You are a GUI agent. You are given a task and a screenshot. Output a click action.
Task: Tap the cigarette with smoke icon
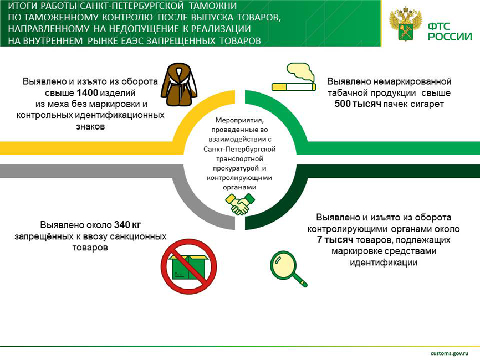click(x=294, y=77)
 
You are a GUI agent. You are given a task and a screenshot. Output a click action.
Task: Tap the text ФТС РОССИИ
click(x=449, y=30)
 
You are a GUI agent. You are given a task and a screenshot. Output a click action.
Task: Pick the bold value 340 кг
click(x=128, y=225)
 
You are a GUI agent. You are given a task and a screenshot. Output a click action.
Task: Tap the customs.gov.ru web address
click(x=450, y=352)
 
